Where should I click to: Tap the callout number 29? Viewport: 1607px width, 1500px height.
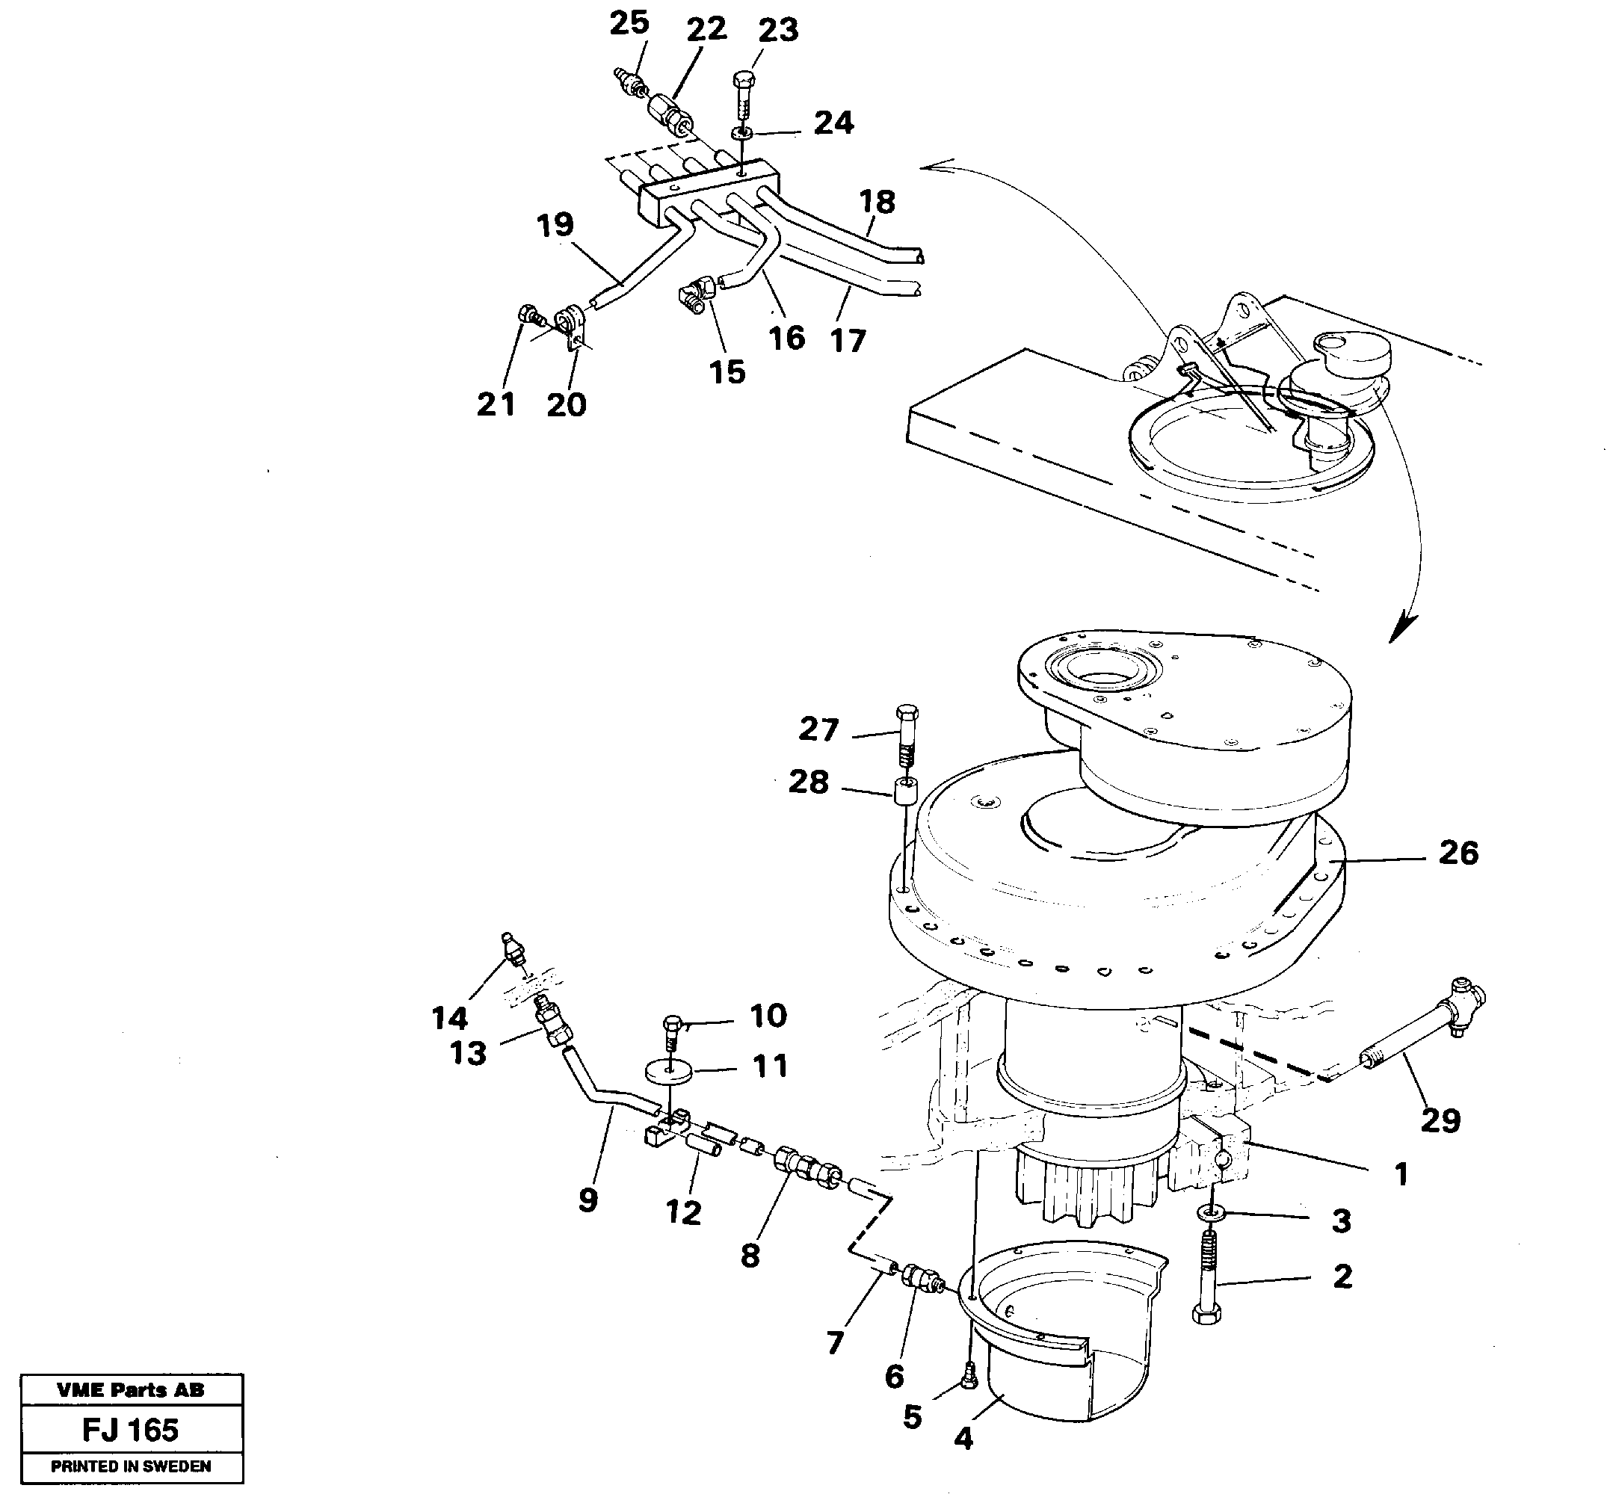coord(1440,1121)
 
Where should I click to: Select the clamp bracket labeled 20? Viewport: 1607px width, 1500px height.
coord(572,325)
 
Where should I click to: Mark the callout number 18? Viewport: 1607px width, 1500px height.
coord(877,201)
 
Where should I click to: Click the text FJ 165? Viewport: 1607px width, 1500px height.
coord(130,1430)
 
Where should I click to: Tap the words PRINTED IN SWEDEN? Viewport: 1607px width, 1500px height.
coord(131,1466)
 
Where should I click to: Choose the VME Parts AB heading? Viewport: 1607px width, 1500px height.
coord(131,1390)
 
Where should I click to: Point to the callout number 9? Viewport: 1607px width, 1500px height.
coord(587,1200)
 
